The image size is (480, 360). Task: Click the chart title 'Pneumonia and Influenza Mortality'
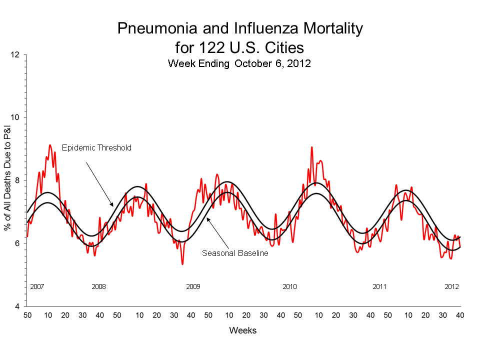tap(239, 28)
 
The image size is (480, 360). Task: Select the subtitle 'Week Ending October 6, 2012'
tap(239, 63)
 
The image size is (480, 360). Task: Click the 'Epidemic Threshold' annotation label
tap(96, 147)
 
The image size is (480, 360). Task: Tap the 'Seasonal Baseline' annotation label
tap(235, 253)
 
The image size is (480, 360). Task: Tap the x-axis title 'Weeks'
tap(242, 330)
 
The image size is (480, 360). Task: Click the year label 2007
tap(37, 287)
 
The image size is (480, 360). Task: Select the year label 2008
tap(98, 287)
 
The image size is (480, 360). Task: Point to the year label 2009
tap(193, 287)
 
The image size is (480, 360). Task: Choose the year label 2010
tap(289, 287)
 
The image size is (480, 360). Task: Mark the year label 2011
tap(379, 287)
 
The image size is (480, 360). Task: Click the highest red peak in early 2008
tap(49, 145)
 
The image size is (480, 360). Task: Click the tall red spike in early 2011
tap(312, 147)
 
